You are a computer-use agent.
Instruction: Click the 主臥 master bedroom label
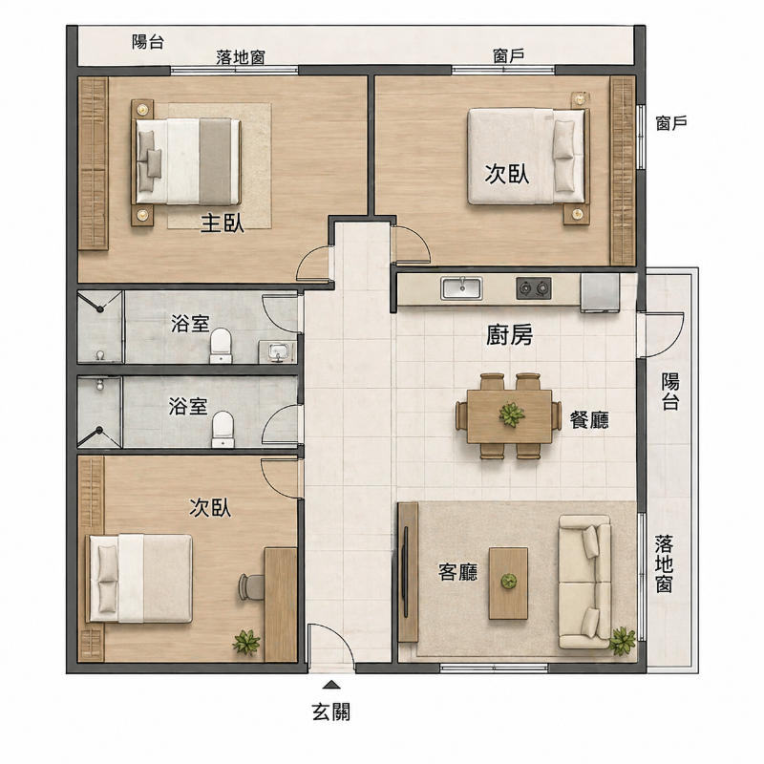point(223,224)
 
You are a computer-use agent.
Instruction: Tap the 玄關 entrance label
point(331,711)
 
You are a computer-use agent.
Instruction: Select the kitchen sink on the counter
point(461,288)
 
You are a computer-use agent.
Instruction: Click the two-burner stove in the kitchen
point(534,288)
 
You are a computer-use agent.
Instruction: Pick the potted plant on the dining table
point(512,414)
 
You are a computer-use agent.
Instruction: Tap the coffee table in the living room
point(509,584)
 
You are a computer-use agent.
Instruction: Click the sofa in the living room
point(584,582)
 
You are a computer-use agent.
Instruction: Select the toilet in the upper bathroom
point(222,346)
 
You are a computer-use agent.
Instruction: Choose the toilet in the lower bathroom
point(223,429)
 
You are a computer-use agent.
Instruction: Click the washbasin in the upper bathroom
point(278,351)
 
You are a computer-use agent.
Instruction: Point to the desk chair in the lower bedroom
point(251,586)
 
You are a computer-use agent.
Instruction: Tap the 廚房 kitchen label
point(510,335)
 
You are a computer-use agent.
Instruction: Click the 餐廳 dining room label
point(589,419)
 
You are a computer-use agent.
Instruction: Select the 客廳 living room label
point(458,572)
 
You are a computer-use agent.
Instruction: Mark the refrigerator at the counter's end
point(600,292)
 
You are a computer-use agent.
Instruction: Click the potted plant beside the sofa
point(623,641)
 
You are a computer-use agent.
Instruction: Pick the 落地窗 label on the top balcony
point(241,57)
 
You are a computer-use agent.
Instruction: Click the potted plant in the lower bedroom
point(246,642)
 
